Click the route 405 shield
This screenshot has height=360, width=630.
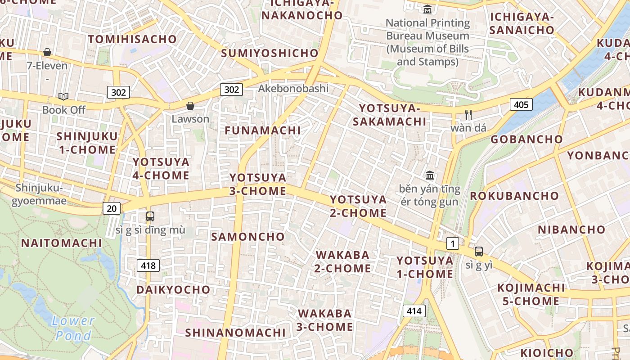[x=521, y=105]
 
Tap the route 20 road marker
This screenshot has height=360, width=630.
[x=111, y=208]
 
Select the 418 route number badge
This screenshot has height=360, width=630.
[x=148, y=265]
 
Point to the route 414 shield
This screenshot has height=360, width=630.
[x=414, y=310]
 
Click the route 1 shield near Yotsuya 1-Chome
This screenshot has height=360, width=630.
[x=453, y=244]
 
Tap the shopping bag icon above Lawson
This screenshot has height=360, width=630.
[x=190, y=106]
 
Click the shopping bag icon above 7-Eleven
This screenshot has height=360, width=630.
[x=47, y=52]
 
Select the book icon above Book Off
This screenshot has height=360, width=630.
[x=63, y=96]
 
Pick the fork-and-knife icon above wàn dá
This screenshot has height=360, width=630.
[x=468, y=114]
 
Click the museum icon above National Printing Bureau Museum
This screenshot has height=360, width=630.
[x=427, y=9]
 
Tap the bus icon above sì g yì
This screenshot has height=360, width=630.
[x=479, y=252]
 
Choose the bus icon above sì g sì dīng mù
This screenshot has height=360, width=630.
[x=150, y=216]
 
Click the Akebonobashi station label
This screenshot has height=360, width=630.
[x=293, y=89]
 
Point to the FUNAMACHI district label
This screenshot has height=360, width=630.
[x=263, y=130]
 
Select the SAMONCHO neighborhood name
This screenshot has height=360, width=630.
[x=248, y=237]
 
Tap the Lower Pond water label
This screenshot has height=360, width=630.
[x=73, y=328]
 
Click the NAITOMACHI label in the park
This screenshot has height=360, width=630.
[x=62, y=243]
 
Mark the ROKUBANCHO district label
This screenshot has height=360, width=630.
[x=514, y=196]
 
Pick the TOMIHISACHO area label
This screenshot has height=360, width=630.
[x=132, y=39]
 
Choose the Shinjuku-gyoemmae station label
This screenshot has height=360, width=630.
[x=39, y=194]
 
